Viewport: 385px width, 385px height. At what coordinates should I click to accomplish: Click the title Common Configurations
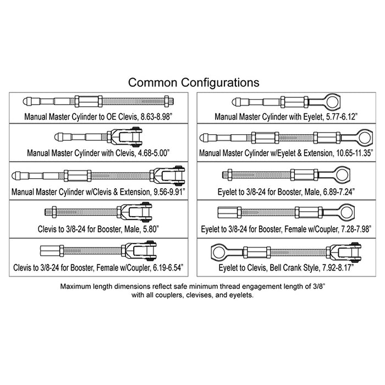tap(194, 82)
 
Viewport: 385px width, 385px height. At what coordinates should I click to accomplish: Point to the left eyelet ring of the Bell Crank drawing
tap(221, 252)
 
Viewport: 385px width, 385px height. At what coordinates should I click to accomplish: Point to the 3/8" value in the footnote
tap(313, 287)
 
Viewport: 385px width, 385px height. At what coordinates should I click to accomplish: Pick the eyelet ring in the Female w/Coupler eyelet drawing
tap(343, 212)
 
